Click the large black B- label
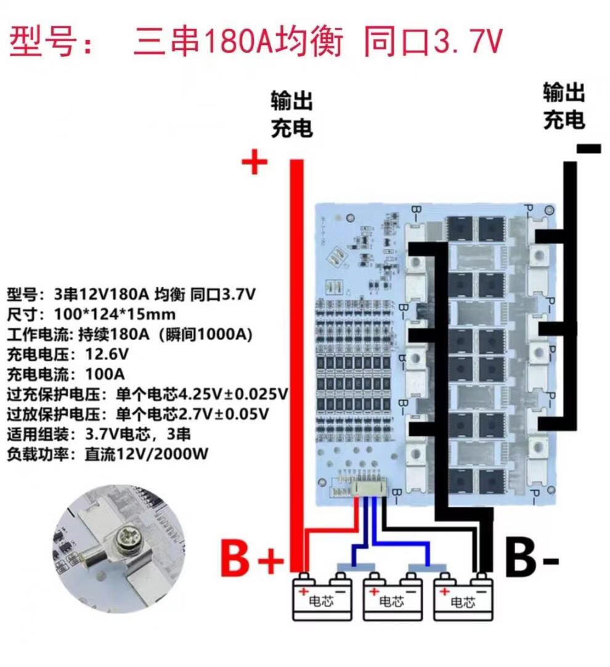pos(531,559)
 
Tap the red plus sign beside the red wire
pos(254,164)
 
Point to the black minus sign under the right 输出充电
pos(588,148)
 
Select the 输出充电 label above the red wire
pos(292,114)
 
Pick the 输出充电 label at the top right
pos(564,106)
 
